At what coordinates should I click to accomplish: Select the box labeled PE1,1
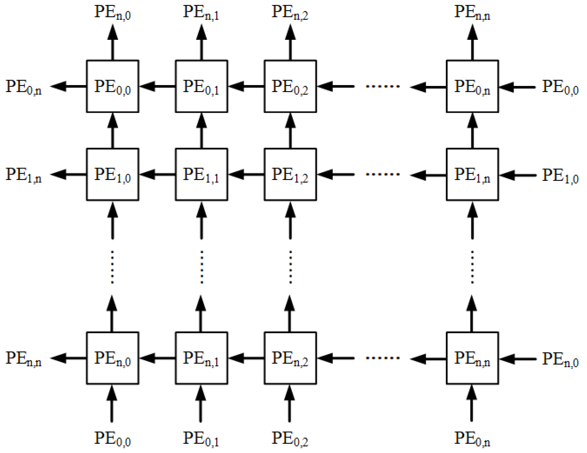pos(201,174)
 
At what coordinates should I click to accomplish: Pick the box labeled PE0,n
pos(472,86)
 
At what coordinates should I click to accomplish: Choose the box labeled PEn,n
pos(472,358)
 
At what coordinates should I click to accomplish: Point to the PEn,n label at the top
pos(472,13)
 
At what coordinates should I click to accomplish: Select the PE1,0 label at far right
pos(560,175)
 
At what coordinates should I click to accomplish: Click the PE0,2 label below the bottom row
pos(290,439)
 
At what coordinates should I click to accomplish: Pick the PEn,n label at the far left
pos(24,359)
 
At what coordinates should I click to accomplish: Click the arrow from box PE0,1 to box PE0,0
pos(157,86)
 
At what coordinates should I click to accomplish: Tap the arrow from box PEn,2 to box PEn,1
pos(246,358)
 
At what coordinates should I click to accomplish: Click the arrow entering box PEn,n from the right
pos(517,359)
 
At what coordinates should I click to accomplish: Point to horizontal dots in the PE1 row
pos(383,174)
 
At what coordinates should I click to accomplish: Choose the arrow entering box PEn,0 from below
pos(112,403)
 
